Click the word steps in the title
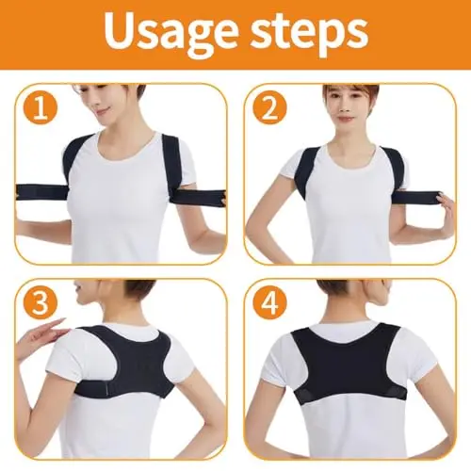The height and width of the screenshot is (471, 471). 310,35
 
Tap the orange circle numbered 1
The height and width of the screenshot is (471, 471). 40,107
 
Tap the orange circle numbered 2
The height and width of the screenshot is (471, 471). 269,107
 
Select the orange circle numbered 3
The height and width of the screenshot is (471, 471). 40,303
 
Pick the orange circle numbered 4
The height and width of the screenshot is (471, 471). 269,303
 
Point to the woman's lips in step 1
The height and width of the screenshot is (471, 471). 106,109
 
